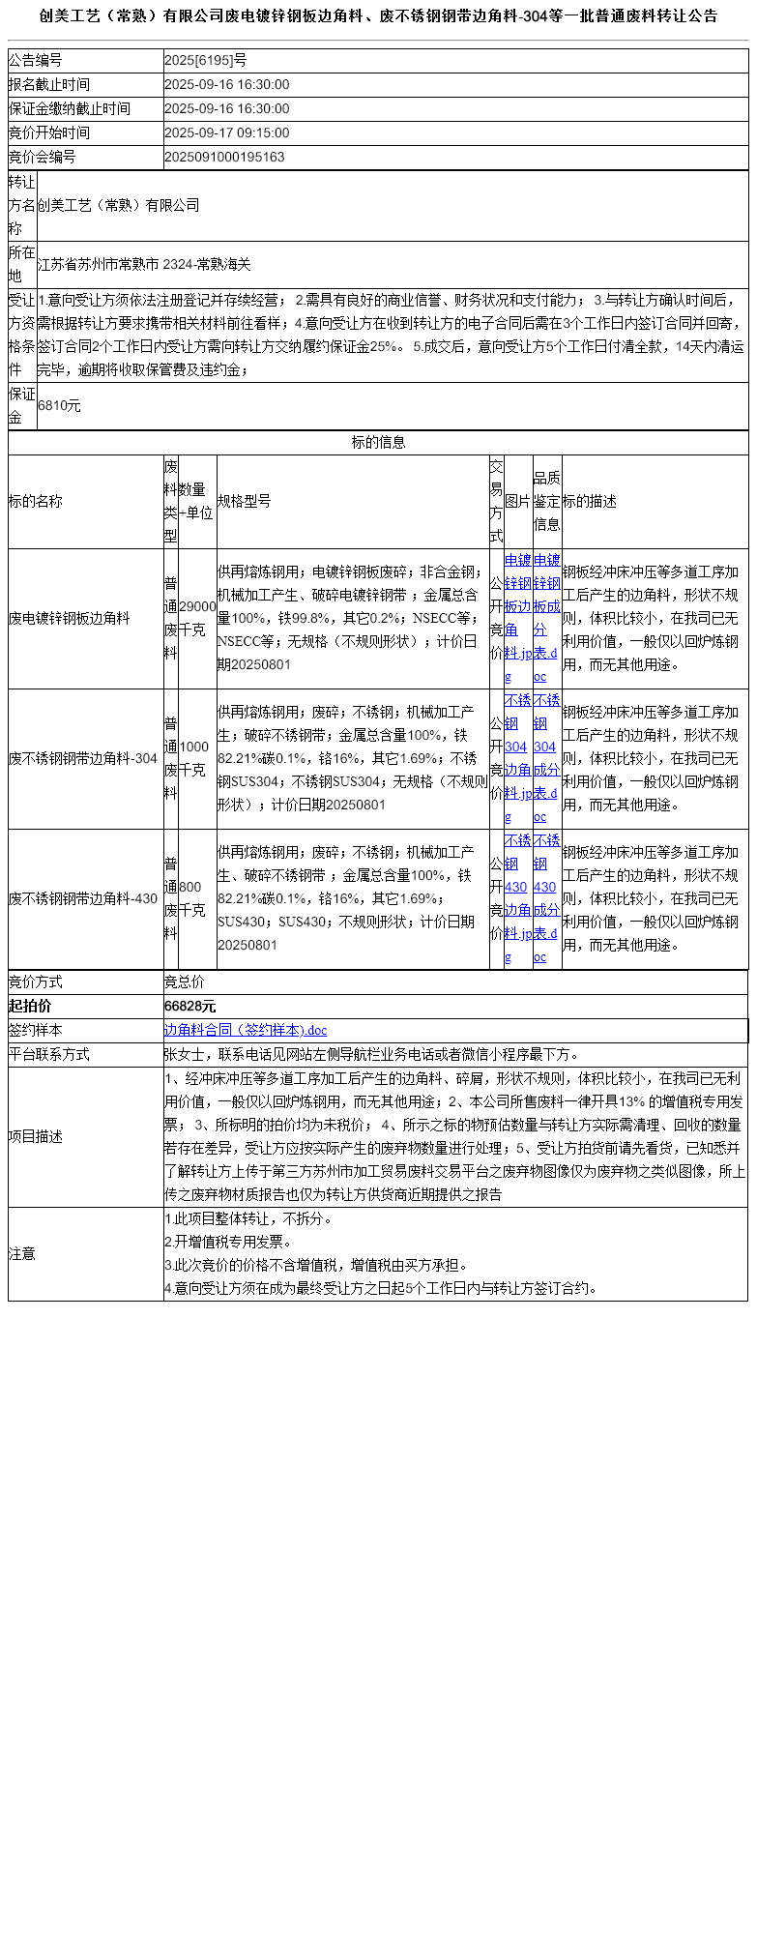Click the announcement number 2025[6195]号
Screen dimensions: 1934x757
click(205, 61)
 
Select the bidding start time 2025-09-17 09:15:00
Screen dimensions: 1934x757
click(227, 133)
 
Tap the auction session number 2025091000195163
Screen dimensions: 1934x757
click(224, 157)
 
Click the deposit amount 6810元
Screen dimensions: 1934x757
click(59, 406)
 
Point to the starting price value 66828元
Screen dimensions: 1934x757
click(190, 1007)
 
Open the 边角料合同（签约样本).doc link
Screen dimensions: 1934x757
click(246, 1031)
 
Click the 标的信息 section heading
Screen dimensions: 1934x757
click(378, 443)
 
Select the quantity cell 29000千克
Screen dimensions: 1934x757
click(197, 618)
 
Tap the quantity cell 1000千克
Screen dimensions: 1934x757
click(193, 758)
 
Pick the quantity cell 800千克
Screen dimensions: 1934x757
click(191, 898)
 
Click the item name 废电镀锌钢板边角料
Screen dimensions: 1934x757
click(69, 618)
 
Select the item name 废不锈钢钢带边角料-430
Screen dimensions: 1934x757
click(83, 898)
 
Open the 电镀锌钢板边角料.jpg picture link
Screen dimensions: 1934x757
click(517, 618)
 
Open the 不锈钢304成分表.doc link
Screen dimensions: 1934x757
click(546, 758)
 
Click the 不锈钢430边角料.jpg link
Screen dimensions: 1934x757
click(517, 898)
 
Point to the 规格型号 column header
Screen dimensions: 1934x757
click(245, 501)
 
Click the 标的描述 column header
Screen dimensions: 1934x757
click(590, 501)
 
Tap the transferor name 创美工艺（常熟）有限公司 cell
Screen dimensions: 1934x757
click(118, 205)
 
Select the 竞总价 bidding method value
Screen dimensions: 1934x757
click(185, 982)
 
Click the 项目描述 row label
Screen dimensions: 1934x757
click(36, 1137)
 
